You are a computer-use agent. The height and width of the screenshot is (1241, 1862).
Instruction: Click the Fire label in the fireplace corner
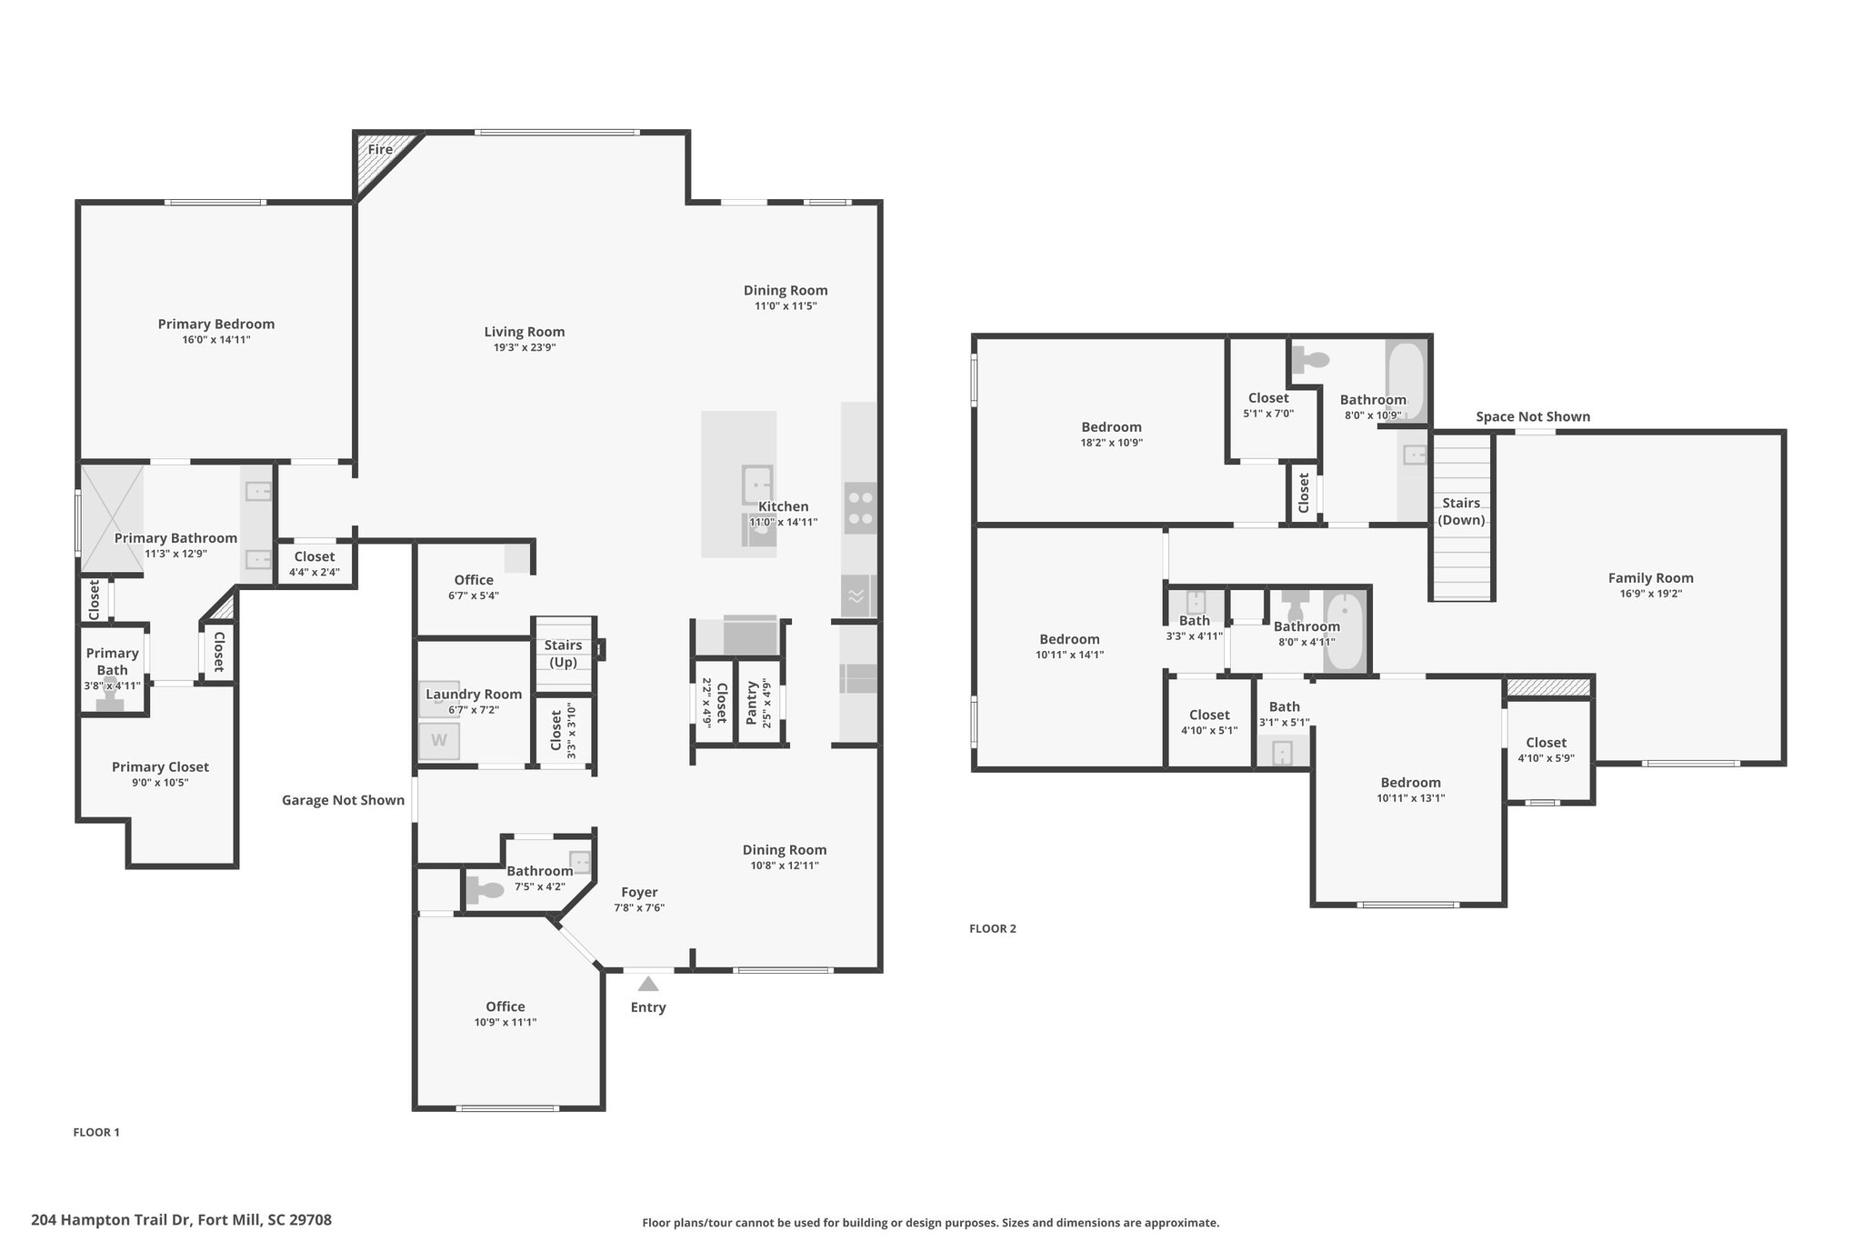tap(380, 150)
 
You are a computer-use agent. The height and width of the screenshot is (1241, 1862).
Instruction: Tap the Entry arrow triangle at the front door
tap(648, 984)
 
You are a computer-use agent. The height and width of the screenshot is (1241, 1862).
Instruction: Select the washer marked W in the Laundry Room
tap(439, 741)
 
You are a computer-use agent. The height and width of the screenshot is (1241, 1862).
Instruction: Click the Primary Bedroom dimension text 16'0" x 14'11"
tap(216, 340)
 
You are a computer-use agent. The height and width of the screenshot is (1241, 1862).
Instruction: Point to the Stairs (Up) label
tap(564, 654)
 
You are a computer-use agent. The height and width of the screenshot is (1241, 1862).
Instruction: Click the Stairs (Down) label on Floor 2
tap(1462, 511)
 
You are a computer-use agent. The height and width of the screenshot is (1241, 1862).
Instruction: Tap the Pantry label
tap(752, 703)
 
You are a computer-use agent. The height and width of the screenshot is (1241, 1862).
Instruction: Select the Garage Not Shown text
tap(344, 800)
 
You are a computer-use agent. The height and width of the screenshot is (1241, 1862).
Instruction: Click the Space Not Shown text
tap(1533, 417)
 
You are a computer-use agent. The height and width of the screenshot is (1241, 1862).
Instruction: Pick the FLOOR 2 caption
tap(993, 928)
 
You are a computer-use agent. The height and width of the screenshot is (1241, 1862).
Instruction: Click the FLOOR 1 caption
tap(96, 1132)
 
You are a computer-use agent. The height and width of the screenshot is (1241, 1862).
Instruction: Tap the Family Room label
tap(1651, 577)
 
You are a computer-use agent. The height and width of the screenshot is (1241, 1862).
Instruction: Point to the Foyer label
tap(639, 892)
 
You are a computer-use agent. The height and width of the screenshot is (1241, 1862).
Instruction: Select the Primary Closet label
tap(160, 767)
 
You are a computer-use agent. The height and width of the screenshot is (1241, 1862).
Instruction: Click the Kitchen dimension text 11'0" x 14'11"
tap(784, 523)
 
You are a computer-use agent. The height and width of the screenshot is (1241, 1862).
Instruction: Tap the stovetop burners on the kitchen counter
tap(860, 508)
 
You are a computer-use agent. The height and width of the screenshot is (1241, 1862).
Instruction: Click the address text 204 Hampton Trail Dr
tap(111, 1220)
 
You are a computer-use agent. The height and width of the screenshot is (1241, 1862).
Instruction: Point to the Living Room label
tap(525, 332)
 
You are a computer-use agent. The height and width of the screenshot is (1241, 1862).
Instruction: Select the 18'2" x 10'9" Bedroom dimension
tap(1112, 443)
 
